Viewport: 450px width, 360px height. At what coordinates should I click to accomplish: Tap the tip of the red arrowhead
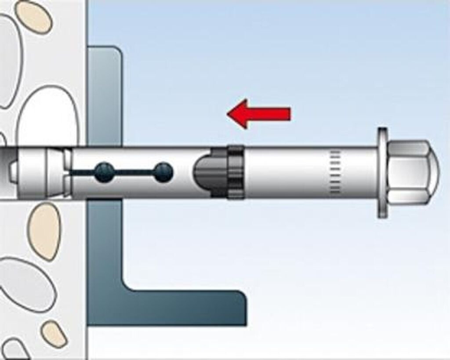[228, 114]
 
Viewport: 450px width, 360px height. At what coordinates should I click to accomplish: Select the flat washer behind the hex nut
[382, 172]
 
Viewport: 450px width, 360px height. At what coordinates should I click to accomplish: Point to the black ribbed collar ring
[236, 172]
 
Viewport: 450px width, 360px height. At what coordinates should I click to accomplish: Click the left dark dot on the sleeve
[104, 172]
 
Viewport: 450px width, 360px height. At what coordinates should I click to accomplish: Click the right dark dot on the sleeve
[163, 172]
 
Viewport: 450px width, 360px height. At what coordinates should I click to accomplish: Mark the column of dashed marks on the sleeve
[335, 172]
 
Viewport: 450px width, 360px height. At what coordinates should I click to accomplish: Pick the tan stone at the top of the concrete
[33, 17]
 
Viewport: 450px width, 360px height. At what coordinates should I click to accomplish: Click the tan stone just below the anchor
[44, 231]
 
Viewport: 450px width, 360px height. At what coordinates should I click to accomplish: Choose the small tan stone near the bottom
[54, 334]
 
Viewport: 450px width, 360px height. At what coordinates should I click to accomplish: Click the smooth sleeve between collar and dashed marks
[286, 172]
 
